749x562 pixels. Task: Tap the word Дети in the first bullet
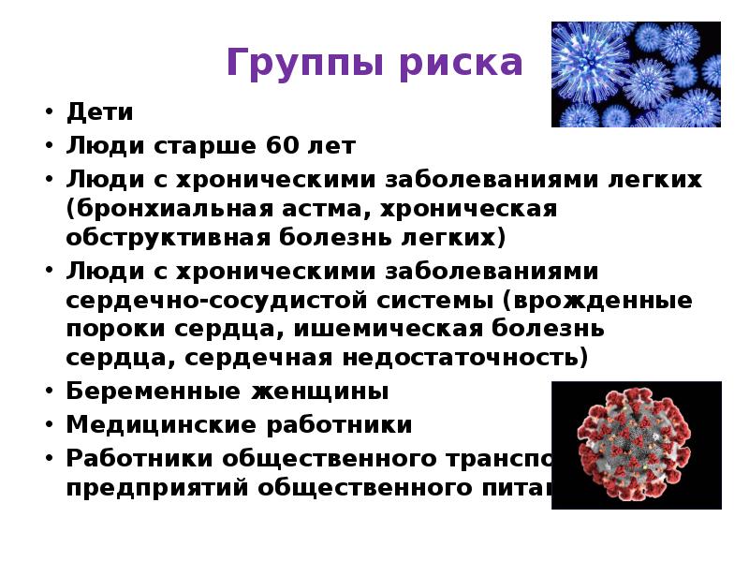[x=100, y=112]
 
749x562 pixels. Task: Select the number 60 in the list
[x=286, y=145]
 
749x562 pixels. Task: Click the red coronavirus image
[x=636, y=444]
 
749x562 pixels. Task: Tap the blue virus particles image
[x=636, y=74]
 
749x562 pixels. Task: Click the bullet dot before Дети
[x=46, y=113]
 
